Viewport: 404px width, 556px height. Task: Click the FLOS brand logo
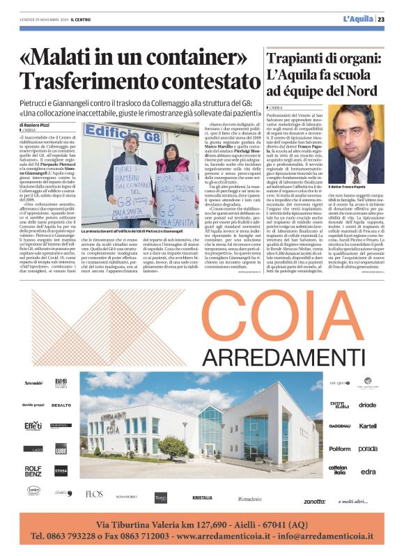tap(94, 494)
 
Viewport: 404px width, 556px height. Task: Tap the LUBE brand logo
tap(61, 449)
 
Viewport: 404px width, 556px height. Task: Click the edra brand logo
tap(368, 472)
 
